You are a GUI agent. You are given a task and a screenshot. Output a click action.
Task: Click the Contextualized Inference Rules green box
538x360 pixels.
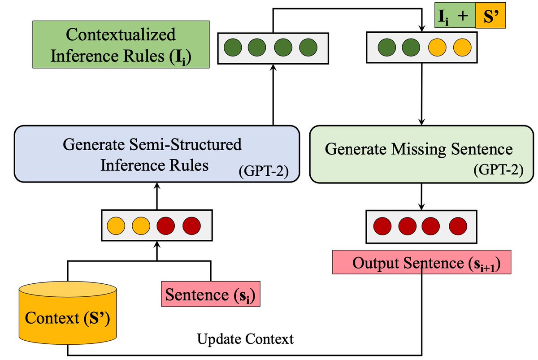[121, 44]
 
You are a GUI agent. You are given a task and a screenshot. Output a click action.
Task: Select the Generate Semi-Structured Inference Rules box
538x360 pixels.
[157, 154]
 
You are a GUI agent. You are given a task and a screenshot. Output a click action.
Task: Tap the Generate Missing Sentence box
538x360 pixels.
[421, 154]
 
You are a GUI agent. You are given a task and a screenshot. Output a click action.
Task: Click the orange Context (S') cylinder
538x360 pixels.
[68, 313]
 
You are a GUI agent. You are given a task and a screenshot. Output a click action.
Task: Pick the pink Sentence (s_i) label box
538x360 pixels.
[211, 294]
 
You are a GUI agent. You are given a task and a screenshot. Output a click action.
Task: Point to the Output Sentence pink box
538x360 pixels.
[422, 262]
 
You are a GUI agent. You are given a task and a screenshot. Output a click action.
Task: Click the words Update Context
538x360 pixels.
[245, 339]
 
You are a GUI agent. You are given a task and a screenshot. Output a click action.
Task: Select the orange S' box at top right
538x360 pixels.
[490, 15]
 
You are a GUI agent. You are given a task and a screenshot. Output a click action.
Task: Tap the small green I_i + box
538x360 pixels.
[455, 15]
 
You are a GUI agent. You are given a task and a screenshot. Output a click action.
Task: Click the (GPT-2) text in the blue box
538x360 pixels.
[264, 171]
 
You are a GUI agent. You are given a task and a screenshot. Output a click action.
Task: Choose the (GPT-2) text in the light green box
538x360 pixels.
[499, 170]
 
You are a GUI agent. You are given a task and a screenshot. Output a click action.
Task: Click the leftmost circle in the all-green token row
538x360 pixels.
[233, 48]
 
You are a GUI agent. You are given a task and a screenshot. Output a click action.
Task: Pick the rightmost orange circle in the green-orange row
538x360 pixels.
[462, 48]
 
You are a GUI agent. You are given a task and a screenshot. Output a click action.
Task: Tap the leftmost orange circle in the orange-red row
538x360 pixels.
[116, 226]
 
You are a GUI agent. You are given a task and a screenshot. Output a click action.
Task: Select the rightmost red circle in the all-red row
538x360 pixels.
[458, 226]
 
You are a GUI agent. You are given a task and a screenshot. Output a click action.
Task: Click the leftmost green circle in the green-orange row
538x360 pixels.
[386, 48]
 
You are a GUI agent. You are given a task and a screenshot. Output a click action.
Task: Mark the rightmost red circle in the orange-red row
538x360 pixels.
[192, 226]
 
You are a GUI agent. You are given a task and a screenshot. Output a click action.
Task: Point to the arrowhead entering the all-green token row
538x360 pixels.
[273, 67]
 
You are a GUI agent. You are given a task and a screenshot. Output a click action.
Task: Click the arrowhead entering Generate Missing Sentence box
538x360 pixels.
[422, 122]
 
